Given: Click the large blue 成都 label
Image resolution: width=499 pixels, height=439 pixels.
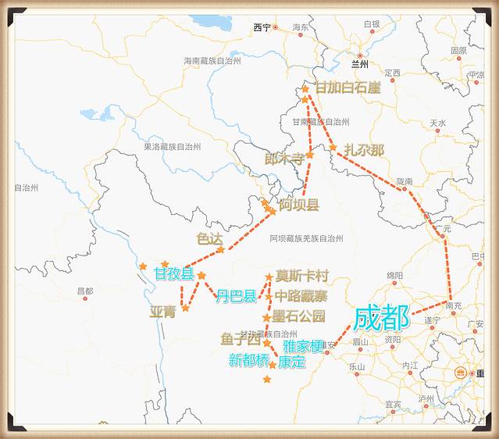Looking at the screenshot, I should point(381,319).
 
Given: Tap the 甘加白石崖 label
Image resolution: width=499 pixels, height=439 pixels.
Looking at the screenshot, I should point(348,87).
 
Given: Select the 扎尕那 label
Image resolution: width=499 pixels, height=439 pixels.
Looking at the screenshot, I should point(364,150).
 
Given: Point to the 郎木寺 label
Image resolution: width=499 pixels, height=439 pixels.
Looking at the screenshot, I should point(284,159).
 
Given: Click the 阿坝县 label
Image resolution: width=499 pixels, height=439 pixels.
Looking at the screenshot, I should point(299,205).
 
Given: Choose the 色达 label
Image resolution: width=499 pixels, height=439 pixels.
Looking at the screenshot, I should point(210,238).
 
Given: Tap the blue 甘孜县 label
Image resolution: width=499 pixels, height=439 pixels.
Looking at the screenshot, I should point(173,274).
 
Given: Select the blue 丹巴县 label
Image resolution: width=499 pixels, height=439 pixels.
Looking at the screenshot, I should point(236,296).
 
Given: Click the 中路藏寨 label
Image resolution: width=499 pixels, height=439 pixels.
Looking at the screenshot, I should point(301,296).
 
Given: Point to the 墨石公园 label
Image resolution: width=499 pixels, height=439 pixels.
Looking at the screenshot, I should point(299,316).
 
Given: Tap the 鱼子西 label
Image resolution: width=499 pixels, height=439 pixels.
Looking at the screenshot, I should point(240,340).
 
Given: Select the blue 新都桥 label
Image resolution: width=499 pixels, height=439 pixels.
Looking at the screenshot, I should point(248,360).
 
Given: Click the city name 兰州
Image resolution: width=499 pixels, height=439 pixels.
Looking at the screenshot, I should point(359,64).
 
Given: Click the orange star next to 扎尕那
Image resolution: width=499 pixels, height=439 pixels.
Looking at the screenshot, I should point(333,148).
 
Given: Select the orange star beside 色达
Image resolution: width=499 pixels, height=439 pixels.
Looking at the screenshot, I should point(220,250).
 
